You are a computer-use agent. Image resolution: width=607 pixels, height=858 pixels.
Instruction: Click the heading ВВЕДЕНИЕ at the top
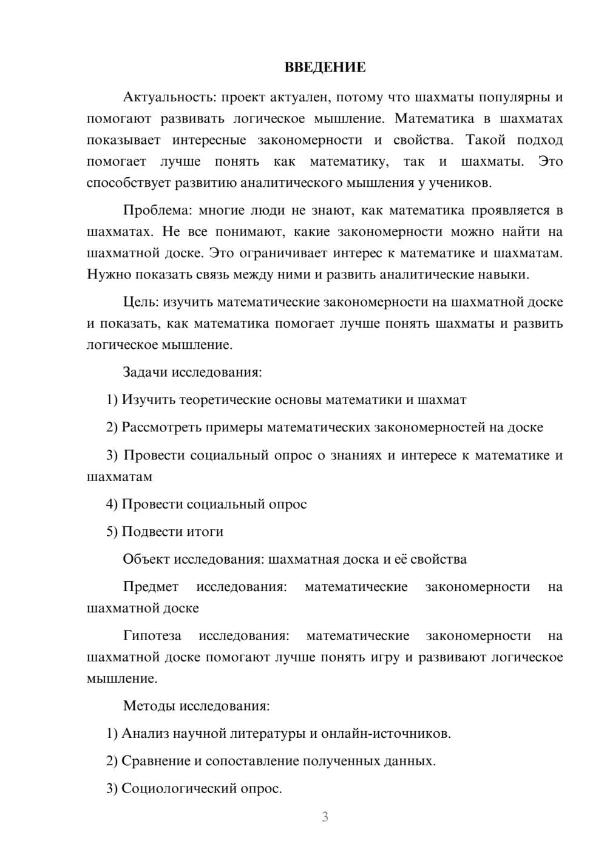(325, 67)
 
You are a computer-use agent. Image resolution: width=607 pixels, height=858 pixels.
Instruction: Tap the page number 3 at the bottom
(325, 817)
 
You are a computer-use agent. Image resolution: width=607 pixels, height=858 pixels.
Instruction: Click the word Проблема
(157, 211)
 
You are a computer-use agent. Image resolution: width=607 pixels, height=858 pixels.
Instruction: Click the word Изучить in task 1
(148, 400)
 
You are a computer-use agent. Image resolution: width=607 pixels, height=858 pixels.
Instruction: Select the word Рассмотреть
(161, 427)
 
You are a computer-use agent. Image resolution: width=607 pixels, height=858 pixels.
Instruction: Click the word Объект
(146, 559)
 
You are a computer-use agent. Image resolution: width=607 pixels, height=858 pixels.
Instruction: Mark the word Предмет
(151, 587)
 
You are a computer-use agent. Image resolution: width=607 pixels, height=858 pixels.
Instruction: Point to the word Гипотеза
(152, 636)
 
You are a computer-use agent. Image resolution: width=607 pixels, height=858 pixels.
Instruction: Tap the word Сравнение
(156, 761)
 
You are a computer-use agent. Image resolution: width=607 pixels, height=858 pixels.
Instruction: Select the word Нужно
(109, 274)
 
